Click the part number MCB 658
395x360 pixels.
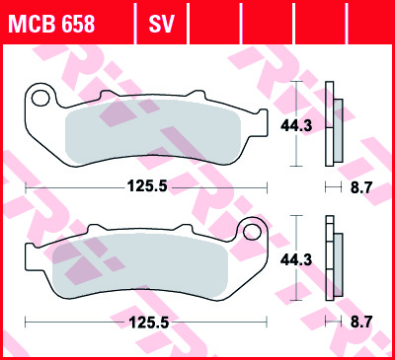point(51,24)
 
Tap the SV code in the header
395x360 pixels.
point(161,24)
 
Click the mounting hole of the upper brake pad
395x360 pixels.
point(40,98)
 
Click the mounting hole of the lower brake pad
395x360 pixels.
point(252,232)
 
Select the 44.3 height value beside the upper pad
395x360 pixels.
point(296,125)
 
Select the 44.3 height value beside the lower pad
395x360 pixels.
point(296,260)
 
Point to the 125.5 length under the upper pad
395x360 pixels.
point(147,187)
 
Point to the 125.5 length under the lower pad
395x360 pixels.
point(149,323)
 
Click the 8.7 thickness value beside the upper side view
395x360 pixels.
point(360,187)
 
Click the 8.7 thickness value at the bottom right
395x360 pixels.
point(360,323)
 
